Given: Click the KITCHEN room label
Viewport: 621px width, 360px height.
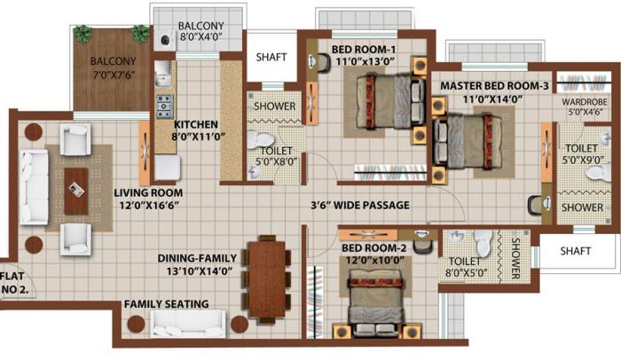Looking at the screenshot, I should pos(195,124).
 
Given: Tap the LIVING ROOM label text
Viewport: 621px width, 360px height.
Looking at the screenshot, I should pos(148,192).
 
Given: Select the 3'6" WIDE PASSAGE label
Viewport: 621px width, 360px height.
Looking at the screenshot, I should pos(359,206).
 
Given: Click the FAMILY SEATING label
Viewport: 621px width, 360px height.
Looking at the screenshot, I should pos(166,304).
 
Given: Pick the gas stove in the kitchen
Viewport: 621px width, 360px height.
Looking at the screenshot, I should pos(164,106).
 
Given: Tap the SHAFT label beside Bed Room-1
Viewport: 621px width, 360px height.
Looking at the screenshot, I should pos(271,57).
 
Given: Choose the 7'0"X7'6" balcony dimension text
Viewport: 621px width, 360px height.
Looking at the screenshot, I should pos(111,74).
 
